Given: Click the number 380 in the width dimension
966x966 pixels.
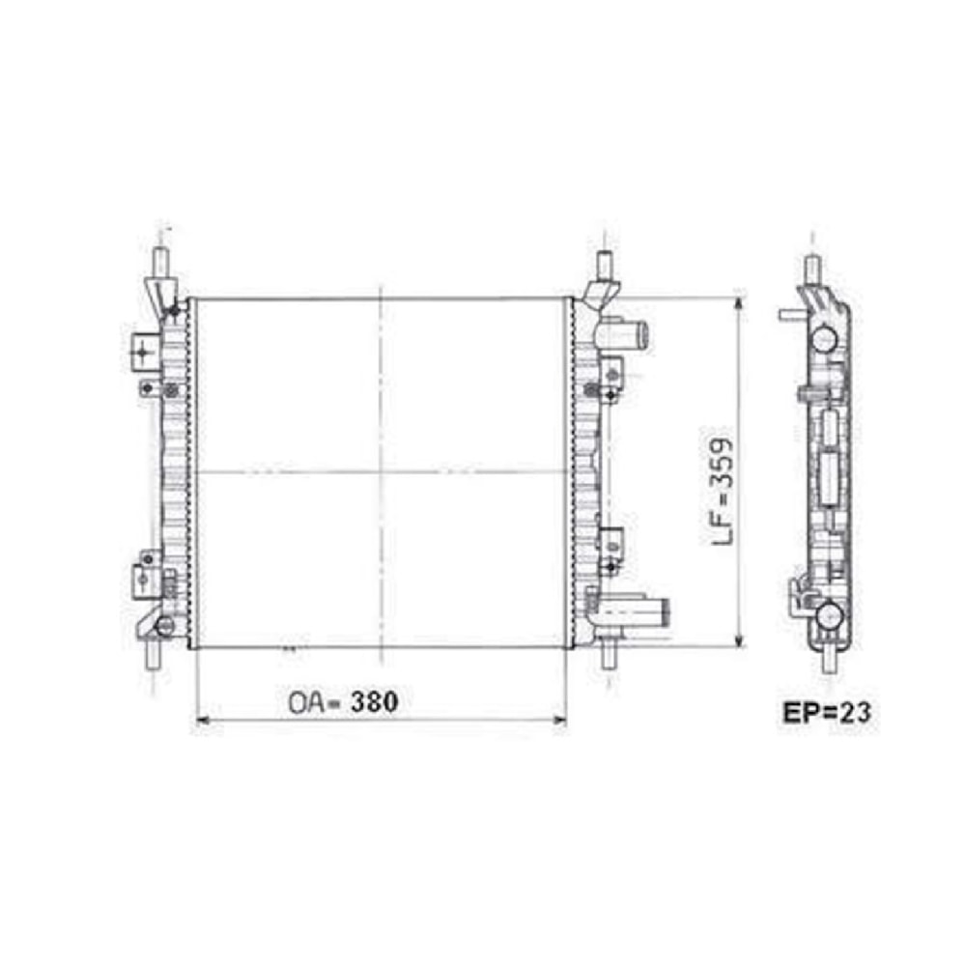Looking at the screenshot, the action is tap(375, 701).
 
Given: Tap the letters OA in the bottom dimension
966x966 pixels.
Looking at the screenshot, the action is tap(306, 703).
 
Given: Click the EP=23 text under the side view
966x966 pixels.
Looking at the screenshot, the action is tap(828, 713).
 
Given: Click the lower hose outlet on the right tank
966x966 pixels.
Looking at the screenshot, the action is tap(636, 611).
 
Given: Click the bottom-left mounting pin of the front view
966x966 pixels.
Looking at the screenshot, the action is tap(152, 656).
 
